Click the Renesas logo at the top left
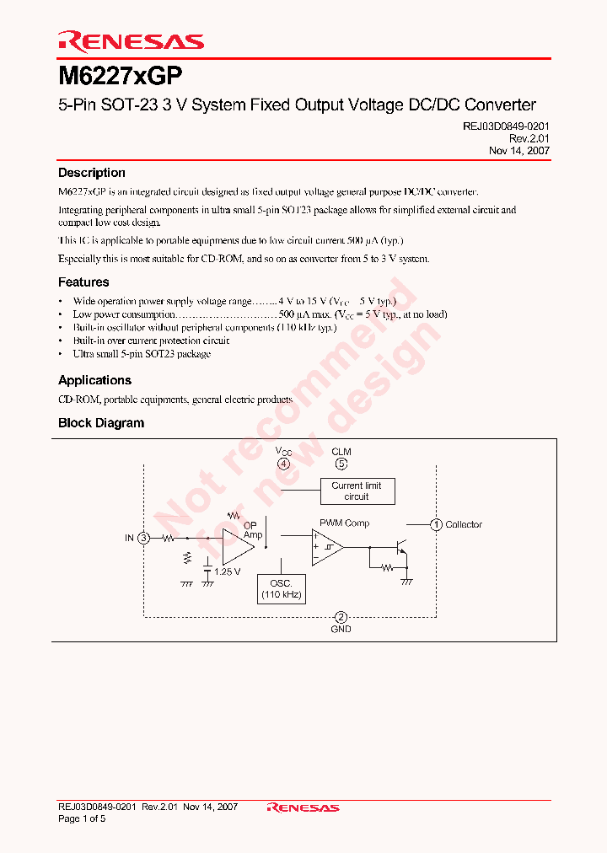[x=131, y=40]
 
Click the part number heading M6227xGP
[x=119, y=76]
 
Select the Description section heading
[x=91, y=173]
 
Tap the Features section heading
[x=83, y=282]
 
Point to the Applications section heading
[x=94, y=380]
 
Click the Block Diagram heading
[x=100, y=423]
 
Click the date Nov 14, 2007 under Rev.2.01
[x=519, y=150]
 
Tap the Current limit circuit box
[x=357, y=491]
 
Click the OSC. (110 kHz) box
[x=281, y=588]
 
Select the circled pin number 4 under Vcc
[x=283, y=464]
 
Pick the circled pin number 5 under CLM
[x=341, y=464]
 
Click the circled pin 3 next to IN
[x=144, y=538]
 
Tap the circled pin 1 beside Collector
[x=436, y=524]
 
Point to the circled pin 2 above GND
[x=341, y=617]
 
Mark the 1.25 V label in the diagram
[x=227, y=571]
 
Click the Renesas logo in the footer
[x=303, y=807]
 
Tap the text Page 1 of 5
[x=82, y=818]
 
